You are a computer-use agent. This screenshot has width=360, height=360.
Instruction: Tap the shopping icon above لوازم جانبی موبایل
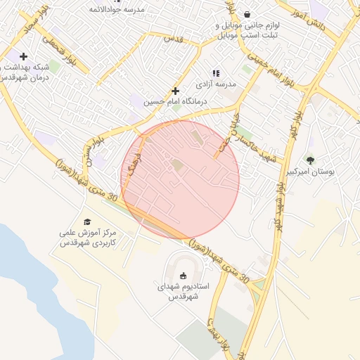[x=247, y=14]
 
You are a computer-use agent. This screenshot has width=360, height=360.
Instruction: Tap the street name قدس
[x=173, y=39]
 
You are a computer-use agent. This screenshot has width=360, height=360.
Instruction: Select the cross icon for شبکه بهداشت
[x=24, y=56]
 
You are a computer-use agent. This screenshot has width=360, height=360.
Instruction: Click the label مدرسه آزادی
[x=218, y=84]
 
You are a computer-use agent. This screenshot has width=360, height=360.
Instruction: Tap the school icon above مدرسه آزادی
[x=216, y=72]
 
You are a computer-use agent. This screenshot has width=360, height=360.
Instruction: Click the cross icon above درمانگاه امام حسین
[x=175, y=91]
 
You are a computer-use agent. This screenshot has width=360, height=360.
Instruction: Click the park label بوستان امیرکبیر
[x=312, y=171]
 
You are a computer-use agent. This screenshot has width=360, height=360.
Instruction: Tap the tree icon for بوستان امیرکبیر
[x=311, y=160]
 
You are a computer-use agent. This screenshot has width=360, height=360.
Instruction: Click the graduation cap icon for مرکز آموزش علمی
[x=87, y=222]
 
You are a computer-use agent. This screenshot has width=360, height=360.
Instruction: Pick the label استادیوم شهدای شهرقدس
[x=179, y=291]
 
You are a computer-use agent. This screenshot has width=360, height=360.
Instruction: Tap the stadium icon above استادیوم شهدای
[x=184, y=276]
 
